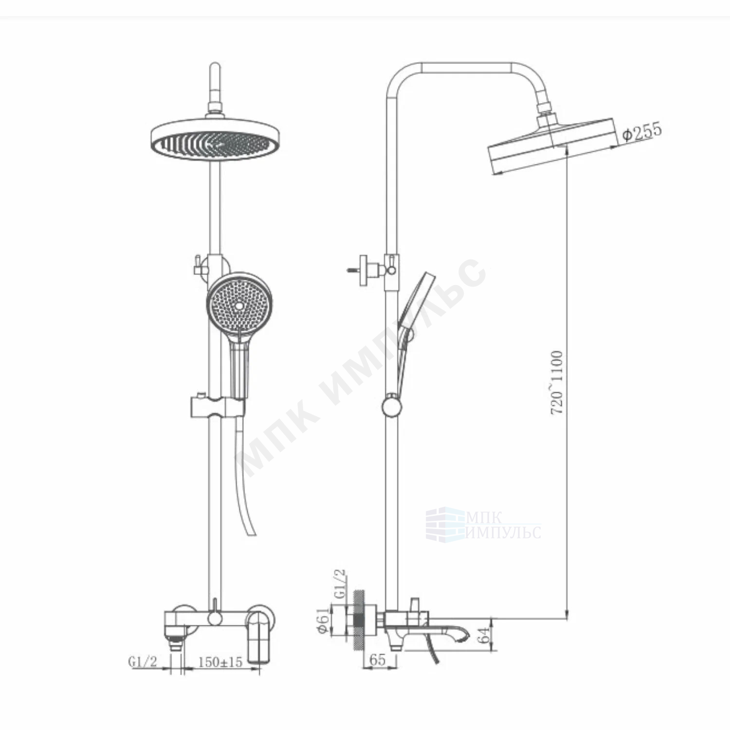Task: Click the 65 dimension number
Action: [x=378, y=660]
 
